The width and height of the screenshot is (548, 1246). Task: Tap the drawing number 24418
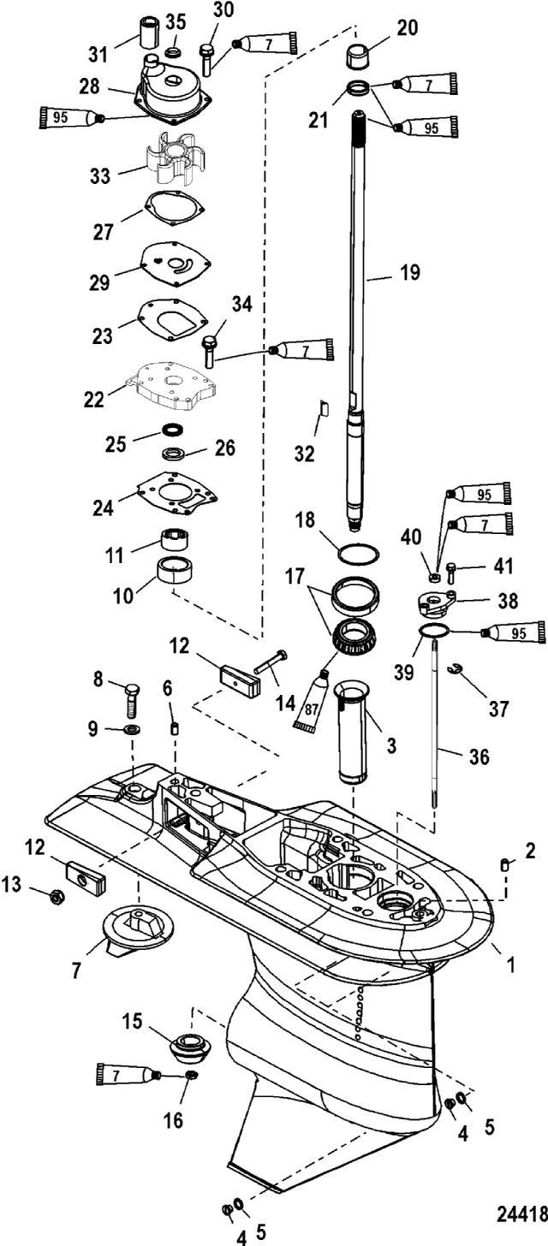[521, 1213]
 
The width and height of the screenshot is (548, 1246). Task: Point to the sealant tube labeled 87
[313, 700]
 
